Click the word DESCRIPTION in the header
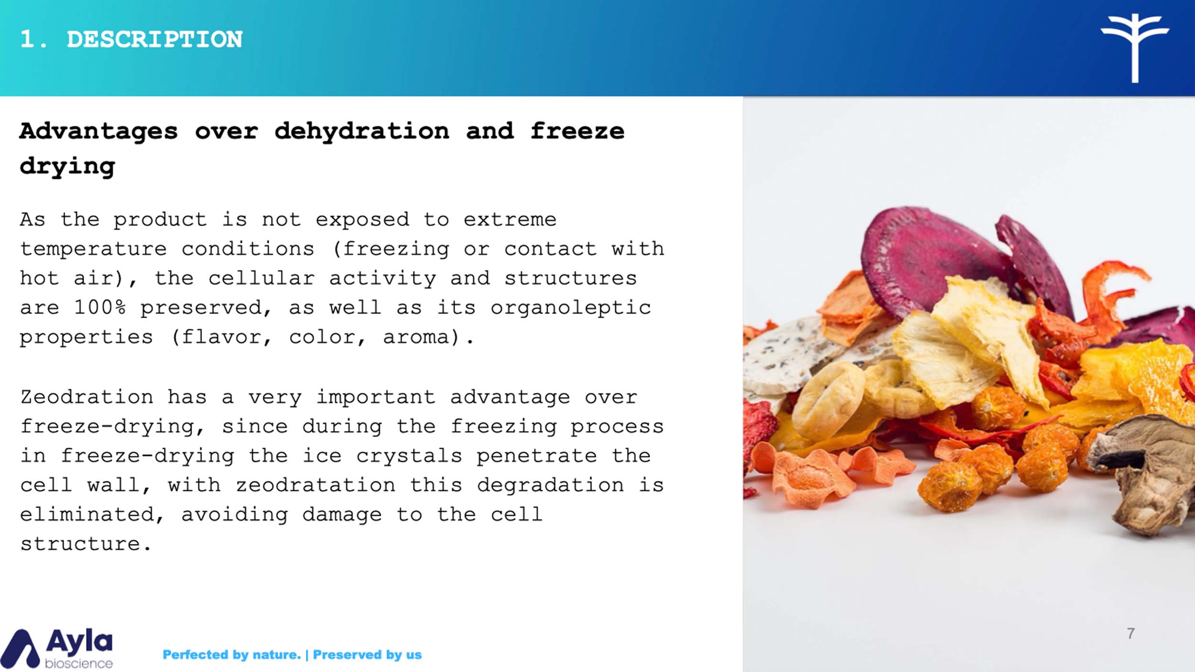pos(154,39)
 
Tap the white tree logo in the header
pos(1135,48)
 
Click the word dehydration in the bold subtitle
pos(362,131)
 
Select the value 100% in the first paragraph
pos(100,307)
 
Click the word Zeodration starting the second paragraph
pos(87,397)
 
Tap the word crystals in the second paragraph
pos(409,456)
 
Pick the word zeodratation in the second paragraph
pos(315,485)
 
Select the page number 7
pos(1130,633)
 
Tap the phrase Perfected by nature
pos(232,654)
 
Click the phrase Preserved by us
pos(367,654)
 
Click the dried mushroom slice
pos(1147,473)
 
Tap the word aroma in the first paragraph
pos(416,337)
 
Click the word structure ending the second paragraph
pos(80,544)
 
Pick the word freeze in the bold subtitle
pos(577,131)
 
